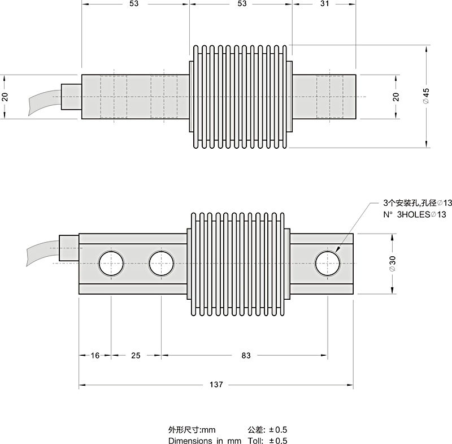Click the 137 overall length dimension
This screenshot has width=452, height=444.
(216, 385)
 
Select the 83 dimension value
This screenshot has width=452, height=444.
(246, 356)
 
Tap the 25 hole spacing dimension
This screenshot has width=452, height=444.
(136, 356)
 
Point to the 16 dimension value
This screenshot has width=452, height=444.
(95, 356)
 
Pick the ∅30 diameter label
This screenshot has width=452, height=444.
(392, 264)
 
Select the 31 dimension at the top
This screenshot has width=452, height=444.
(324, 4)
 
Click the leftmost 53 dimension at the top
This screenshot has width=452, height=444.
(133, 4)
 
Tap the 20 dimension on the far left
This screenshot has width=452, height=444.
(5, 97)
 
